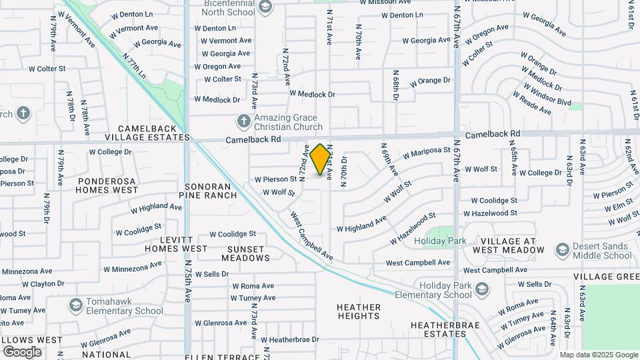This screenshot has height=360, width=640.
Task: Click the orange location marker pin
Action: pyautogui.click(x=321, y=159)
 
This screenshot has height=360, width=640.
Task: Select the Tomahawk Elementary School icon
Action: pyautogui.click(x=75, y=305)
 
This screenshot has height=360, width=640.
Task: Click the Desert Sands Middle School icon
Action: pyautogui.click(x=562, y=250)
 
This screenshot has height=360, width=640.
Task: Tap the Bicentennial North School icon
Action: pyautogui.click(x=265, y=7)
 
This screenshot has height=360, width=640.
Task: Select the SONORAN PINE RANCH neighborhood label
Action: pyautogui.click(x=208, y=191)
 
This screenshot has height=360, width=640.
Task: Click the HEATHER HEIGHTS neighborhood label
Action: pyautogui.click(x=359, y=311)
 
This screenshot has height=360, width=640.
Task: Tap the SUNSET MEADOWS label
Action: pyautogui.click(x=245, y=253)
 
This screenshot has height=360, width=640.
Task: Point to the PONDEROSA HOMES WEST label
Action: pyautogui.click(x=108, y=185)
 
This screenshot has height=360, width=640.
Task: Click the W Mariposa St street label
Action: pyautogui.click(x=426, y=154)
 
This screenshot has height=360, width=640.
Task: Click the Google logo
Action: pyautogui.click(x=22, y=351)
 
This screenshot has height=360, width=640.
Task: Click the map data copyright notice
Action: pyautogui.click(x=598, y=355)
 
